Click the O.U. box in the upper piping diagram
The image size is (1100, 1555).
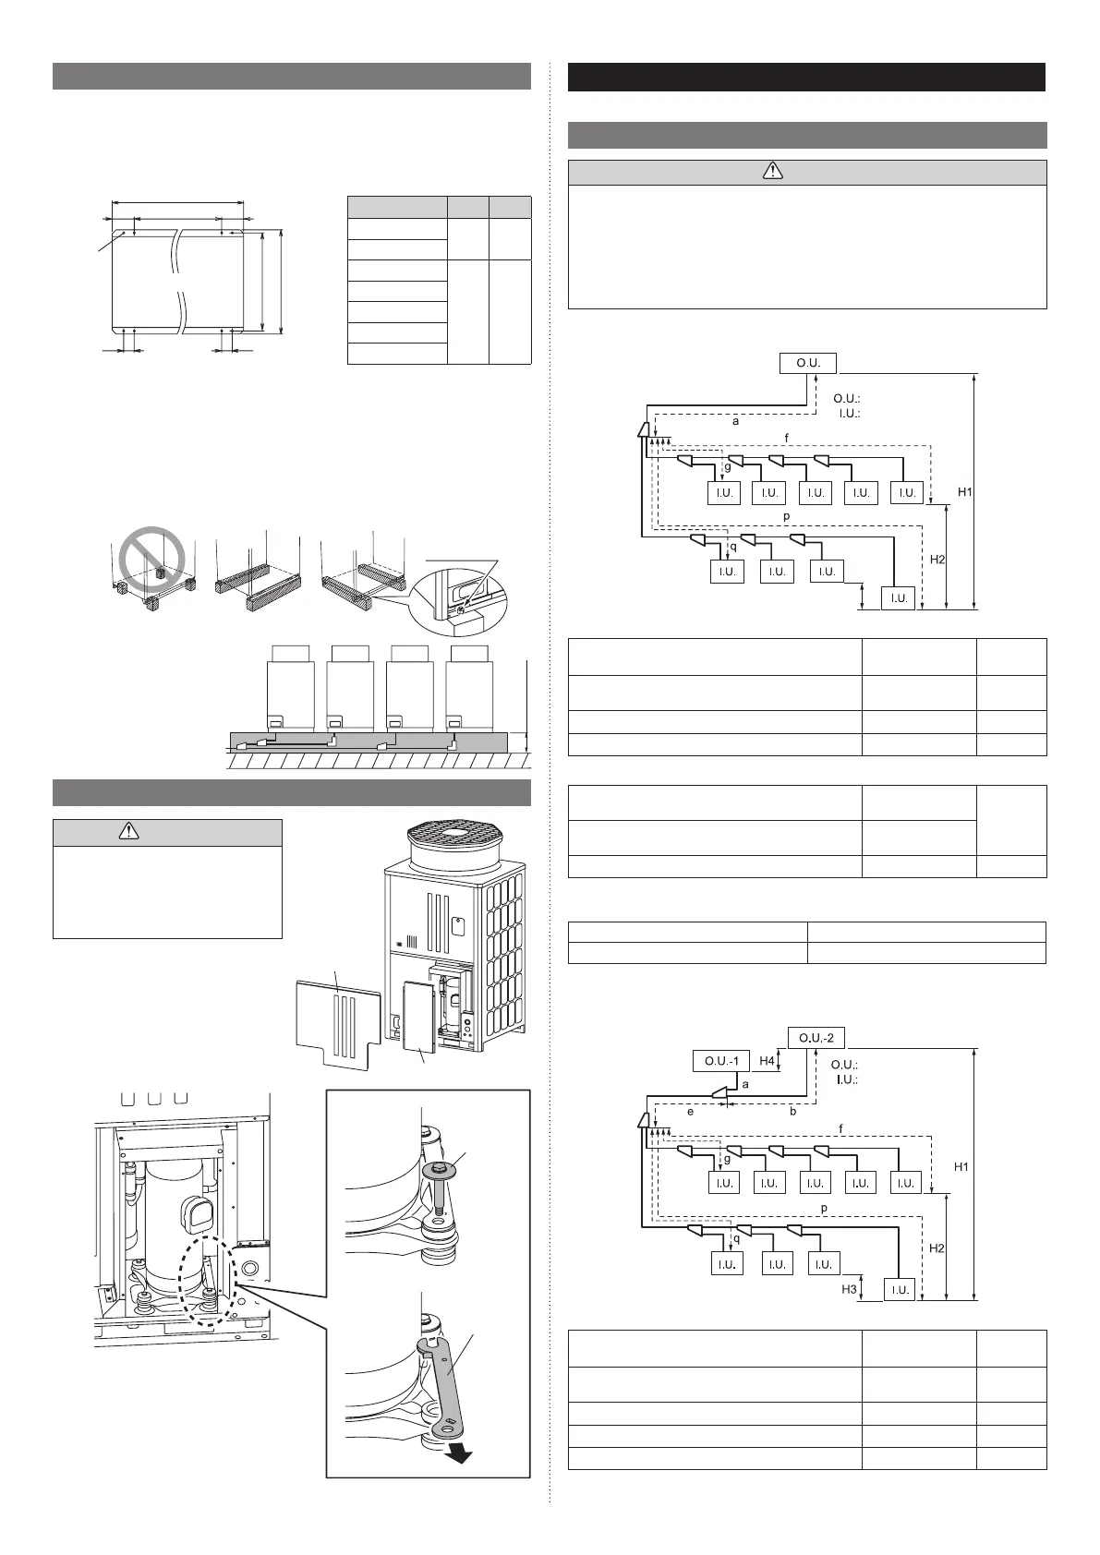(808, 363)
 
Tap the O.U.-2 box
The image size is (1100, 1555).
(816, 1037)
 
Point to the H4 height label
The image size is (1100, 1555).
(767, 1061)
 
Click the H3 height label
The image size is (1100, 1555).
(849, 1289)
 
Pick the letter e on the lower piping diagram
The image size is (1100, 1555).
(690, 1112)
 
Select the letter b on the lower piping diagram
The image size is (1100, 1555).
(792, 1112)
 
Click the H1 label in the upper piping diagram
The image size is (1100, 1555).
(964, 492)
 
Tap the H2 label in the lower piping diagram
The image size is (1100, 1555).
(937, 1248)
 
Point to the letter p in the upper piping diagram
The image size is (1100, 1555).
(786, 516)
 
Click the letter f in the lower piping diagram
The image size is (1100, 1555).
(840, 1128)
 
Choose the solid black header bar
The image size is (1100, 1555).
(806, 77)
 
